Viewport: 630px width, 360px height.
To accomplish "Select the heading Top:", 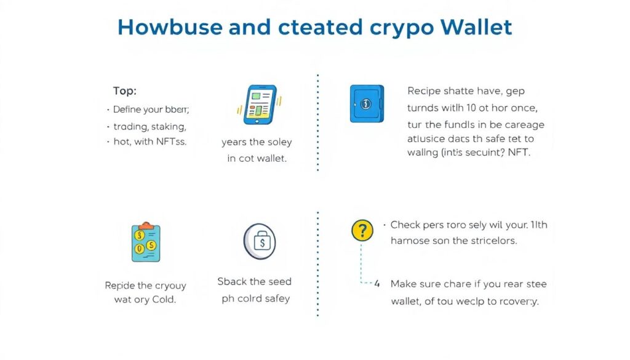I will pyautogui.click(x=125, y=91).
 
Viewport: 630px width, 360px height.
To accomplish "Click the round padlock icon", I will pyautogui.click(x=259, y=242).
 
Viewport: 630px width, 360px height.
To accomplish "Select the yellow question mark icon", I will pyautogui.click(x=362, y=231).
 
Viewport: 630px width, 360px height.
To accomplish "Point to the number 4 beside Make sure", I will pyautogui.click(x=378, y=284).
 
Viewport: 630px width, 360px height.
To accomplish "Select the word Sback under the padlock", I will pyautogui.click(x=233, y=281).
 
